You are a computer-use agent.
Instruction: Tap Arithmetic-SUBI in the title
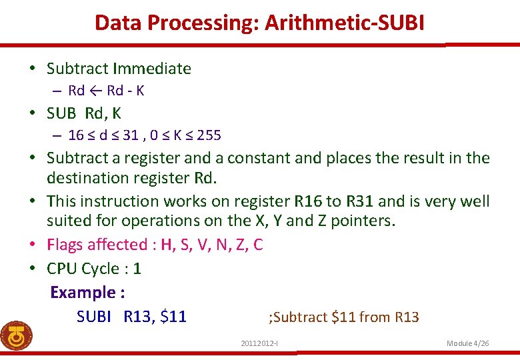pos(345,23)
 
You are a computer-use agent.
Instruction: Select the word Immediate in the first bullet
pos(153,69)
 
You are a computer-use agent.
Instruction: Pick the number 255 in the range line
pos(209,135)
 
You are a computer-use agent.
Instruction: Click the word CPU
pos(62,269)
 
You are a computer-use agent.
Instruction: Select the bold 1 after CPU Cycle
pos(137,269)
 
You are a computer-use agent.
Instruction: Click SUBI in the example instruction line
pos(94,317)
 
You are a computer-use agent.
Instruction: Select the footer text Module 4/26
pos(467,343)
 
